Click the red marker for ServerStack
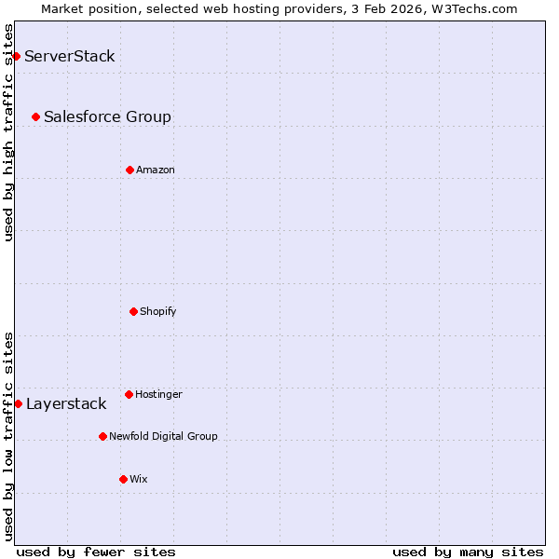pos(16,56)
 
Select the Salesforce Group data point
pos(35,116)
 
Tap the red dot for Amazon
pos(130,170)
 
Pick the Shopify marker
pos(133,311)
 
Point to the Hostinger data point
pos(129,394)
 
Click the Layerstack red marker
pos(18,403)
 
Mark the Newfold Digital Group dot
pos(102,436)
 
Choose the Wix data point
pos(123,479)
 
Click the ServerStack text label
pos(70,56)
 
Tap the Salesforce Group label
pos(107,116)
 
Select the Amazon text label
pos(156,170)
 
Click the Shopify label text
pos(158,311)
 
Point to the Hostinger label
pos(158,394)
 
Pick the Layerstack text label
pos(66,403)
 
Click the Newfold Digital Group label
pos(163,436)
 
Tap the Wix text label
pos(139,479)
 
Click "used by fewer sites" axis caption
pos(96,552)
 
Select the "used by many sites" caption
pos(468,552)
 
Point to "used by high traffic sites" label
pos(8,132)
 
